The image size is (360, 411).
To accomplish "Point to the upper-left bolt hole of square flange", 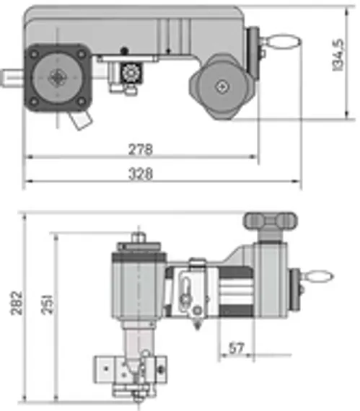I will (33, 53).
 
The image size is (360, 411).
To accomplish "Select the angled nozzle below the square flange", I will (79, 122).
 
